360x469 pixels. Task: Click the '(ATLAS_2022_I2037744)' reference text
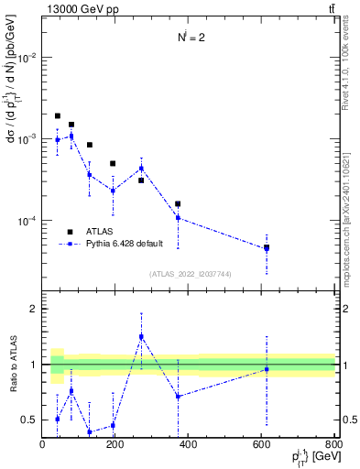pos(190,274)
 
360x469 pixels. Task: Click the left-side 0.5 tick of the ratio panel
pos(30,420)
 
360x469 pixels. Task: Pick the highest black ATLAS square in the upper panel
pos(57,116)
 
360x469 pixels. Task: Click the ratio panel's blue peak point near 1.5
pos(141,336)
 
